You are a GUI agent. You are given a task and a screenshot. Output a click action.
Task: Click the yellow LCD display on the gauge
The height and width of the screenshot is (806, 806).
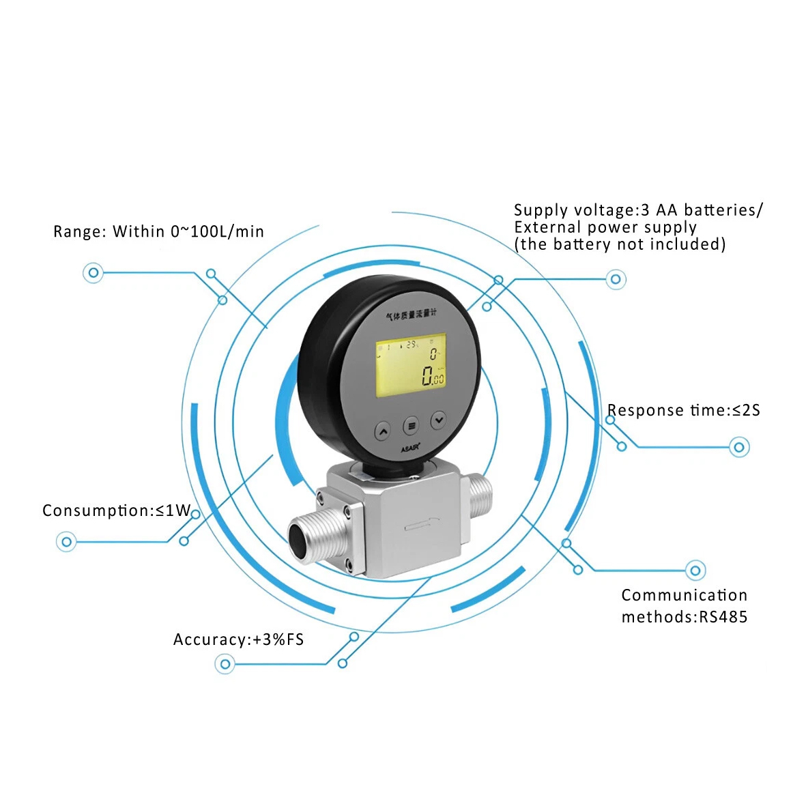coord(410,365)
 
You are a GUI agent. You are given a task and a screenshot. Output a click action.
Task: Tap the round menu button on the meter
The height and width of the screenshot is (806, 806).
coord(410,426)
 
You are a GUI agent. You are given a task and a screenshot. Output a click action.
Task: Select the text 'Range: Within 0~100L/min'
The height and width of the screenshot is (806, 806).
coord(158,231)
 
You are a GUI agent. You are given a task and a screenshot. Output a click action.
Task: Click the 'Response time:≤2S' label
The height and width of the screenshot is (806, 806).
coord(683,410)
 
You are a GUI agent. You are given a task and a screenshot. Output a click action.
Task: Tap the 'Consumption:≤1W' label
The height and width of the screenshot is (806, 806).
coord(117,510)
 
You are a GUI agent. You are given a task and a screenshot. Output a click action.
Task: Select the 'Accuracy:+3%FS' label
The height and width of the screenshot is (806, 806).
coord(238,639)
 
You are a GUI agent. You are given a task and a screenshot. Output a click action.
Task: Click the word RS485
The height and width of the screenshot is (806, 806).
coord(723,617)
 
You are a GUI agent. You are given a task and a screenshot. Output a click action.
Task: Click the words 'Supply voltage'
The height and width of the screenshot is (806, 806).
coord(574,210)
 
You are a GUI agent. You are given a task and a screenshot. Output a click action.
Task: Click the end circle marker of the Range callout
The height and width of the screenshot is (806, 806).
coord(93,273)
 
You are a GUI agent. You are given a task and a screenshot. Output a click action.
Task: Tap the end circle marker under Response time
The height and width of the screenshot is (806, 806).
coord(739,448)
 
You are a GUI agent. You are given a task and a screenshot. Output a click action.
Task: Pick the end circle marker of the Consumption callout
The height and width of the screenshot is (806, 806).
coord(66,543)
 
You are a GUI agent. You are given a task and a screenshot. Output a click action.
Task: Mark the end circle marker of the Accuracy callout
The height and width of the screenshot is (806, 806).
coord(225,663)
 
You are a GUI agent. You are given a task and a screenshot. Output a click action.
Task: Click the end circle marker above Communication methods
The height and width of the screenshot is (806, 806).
coord(695,570)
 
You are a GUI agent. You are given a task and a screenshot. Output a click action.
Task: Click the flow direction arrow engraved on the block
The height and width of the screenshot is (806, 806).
coord(420,525)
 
